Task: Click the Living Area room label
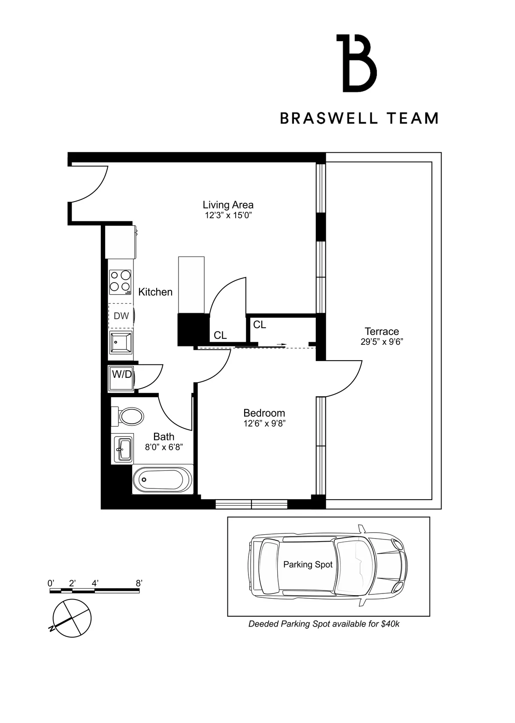(228, 205)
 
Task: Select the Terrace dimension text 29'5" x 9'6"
(382, 342)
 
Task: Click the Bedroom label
(264, 413)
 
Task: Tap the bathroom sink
(123, 449)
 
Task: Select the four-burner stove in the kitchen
(120, 282)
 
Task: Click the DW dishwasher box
(121, 316)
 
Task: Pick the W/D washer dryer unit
(121, 377)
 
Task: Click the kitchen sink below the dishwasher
(121, 342)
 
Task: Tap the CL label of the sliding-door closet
(260, 325)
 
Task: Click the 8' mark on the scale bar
(139, 584)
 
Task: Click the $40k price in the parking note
(390, 624)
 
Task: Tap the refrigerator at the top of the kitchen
(121, 242)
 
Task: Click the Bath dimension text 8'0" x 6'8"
(164, 447)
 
